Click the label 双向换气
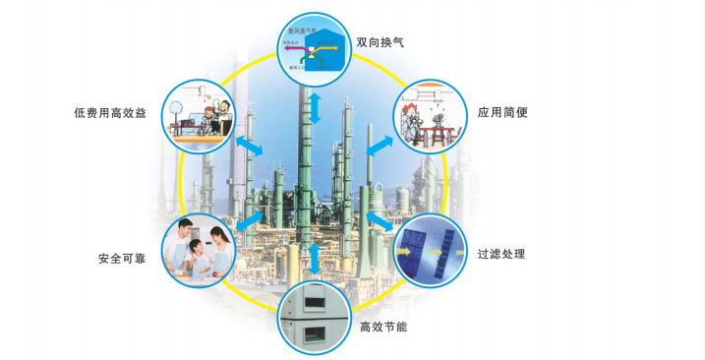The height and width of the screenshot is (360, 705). (x=380, y=43)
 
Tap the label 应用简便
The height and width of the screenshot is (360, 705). (x=503, y=112)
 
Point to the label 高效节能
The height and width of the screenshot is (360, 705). (x=382, y=326)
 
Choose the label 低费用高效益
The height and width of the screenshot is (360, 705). (x=109, y=113)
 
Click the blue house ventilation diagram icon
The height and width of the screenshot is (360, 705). (x=315, y=49)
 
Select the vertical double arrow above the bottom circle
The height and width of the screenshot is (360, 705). (x=315, y=259)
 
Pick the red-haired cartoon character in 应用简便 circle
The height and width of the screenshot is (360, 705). (x=429, y=106)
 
